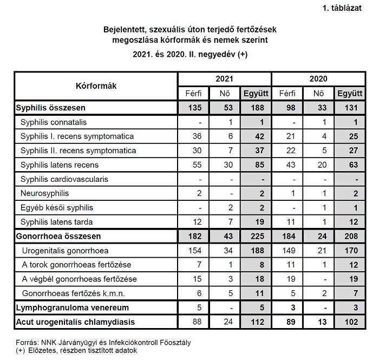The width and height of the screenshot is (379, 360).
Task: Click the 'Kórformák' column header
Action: click(x=95, y=86)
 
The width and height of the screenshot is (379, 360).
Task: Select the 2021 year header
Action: click(x=225, y=79)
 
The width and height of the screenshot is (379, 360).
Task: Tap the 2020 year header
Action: click(x=318, y=79)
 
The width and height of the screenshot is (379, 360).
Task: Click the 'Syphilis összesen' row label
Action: click(x=51, y=108)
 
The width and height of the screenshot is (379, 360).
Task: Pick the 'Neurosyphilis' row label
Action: click(x=45, y=193)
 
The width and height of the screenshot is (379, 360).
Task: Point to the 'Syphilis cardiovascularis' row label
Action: click(x=64, y=179)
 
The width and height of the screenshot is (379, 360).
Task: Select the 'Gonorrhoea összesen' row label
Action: click(x=58, y=236)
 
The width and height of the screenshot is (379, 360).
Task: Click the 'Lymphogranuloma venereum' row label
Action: click(x=69, y=307)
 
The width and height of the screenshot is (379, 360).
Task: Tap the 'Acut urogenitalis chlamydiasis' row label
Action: click(x=75, y=322)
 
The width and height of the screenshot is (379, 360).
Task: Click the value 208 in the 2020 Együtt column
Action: click(x=350, y=236)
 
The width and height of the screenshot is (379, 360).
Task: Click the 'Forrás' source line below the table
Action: click(x=102, y=342)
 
